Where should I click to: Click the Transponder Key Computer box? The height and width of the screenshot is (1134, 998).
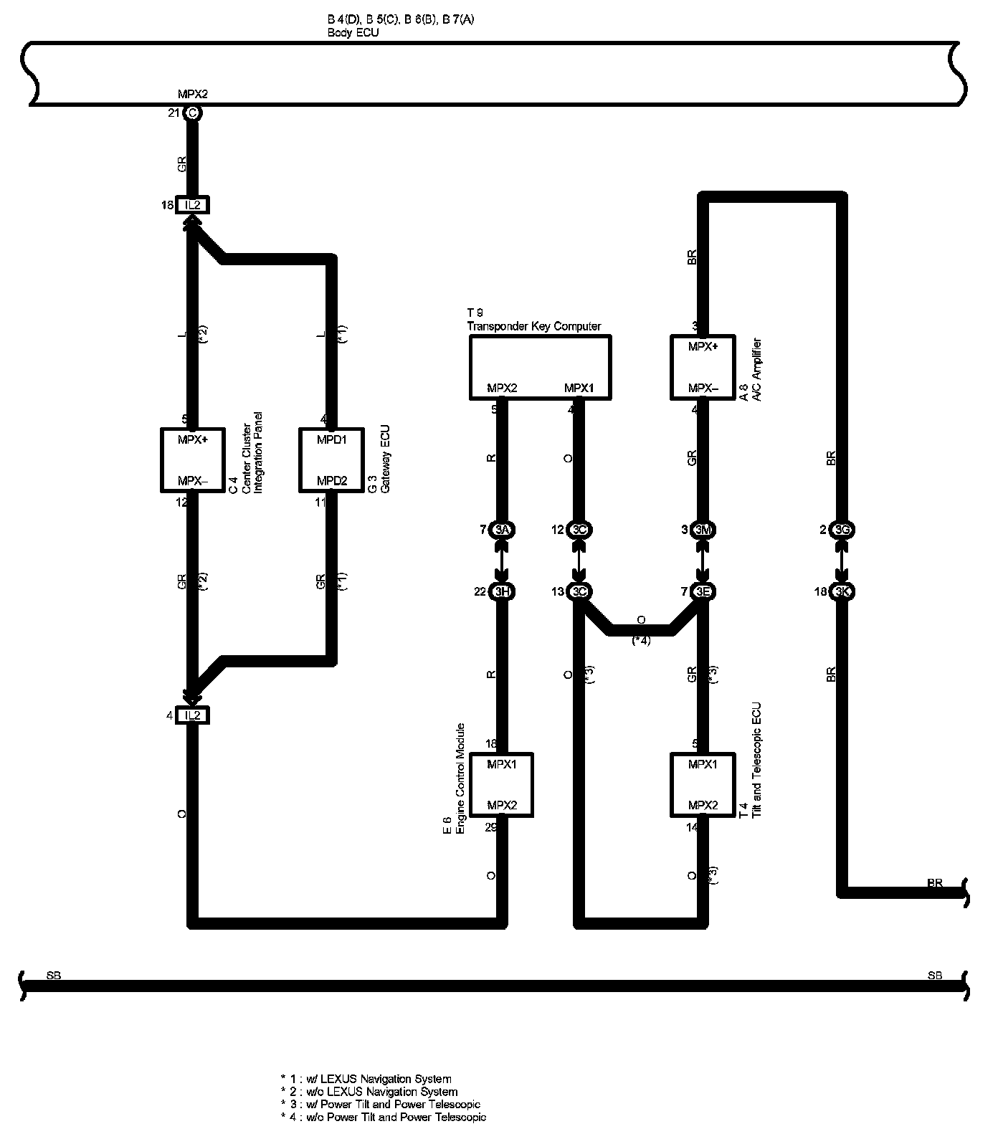point(540,367)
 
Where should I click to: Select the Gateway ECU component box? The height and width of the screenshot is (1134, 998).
point(331,459)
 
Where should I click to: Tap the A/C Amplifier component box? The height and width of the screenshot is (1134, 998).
point(703,367)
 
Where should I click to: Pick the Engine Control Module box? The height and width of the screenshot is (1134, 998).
point(501,784)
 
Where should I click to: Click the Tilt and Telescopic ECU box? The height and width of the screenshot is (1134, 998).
point(703,784)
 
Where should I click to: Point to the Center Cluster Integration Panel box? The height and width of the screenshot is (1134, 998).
point(191,459)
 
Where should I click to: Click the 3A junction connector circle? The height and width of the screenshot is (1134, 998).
point(502,530)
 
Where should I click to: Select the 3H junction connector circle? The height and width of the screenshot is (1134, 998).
point(502,591)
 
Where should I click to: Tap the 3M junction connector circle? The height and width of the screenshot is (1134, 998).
point(703,530)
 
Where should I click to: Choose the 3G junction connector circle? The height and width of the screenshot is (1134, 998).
point(842,530)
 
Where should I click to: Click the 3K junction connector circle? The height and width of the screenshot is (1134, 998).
point(842,591)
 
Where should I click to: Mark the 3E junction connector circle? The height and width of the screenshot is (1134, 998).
point(703,591)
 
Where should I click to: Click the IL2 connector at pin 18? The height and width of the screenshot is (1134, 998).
point(191,206)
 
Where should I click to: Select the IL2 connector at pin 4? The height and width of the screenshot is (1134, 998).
point(191,715)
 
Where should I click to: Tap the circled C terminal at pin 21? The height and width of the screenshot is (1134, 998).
point(191,113)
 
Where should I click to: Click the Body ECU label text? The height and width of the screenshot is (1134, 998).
point(353,33)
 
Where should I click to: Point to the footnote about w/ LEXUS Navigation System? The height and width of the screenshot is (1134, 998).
point(366,1078)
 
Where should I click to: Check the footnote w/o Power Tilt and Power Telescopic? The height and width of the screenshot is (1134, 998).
point(384,1117)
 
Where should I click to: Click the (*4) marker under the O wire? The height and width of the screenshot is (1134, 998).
point(641,641)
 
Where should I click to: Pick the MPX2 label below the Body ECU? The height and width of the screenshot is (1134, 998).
point(192,94)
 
